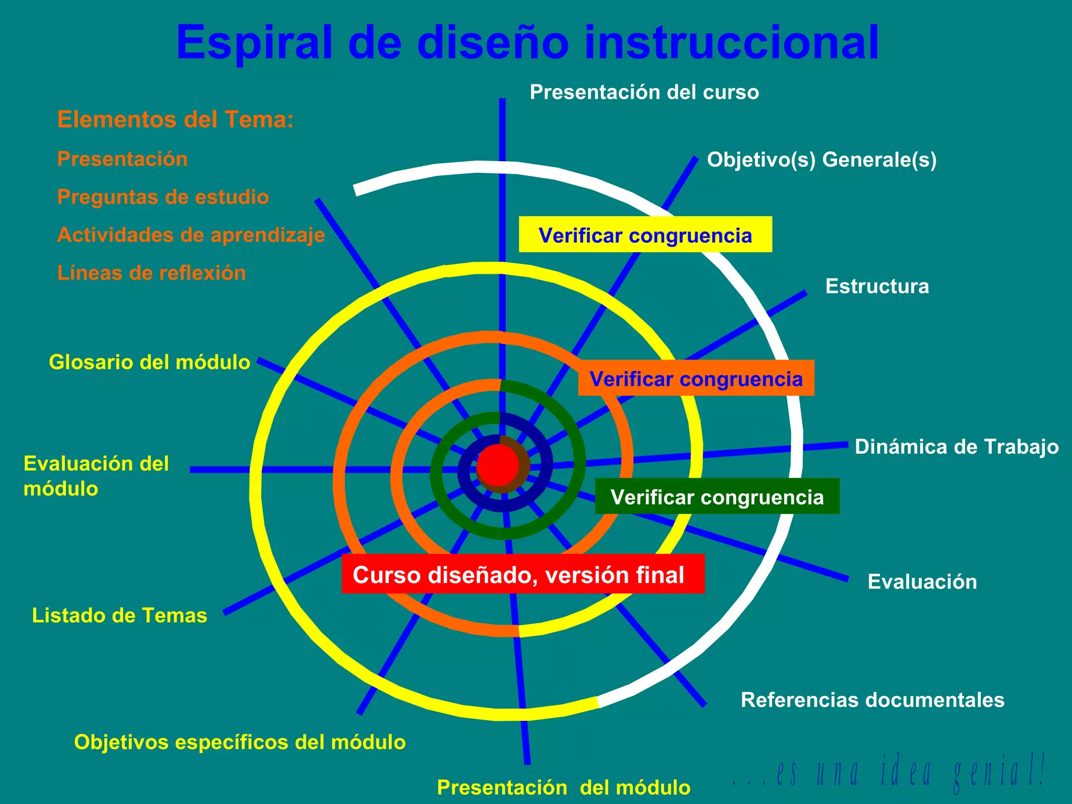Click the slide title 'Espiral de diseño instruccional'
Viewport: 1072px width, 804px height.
(528, 43)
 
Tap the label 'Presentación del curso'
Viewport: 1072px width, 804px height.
(644, 92)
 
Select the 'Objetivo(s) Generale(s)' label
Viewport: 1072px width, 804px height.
(822, 160)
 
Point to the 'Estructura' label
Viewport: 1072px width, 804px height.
(877, 286)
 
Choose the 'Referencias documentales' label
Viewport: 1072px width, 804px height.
(873, 700)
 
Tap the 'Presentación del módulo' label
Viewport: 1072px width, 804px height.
(564, 787)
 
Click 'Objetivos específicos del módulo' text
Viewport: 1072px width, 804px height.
(240, 742)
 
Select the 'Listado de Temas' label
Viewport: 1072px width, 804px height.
(119, 616)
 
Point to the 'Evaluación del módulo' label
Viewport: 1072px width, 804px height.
(96, 476)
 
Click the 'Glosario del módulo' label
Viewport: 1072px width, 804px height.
(149, 362)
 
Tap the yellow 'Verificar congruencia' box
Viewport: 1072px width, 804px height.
(645, 234)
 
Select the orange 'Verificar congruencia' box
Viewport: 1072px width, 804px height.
(696, 378)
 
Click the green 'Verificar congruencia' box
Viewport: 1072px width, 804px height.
(717, 496)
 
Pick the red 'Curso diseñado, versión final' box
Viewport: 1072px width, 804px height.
(523, 574)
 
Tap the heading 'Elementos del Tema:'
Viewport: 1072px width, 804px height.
(175, 119)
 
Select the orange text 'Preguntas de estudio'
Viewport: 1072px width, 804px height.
(163, 197)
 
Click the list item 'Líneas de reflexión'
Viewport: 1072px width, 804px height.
(151, 273)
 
